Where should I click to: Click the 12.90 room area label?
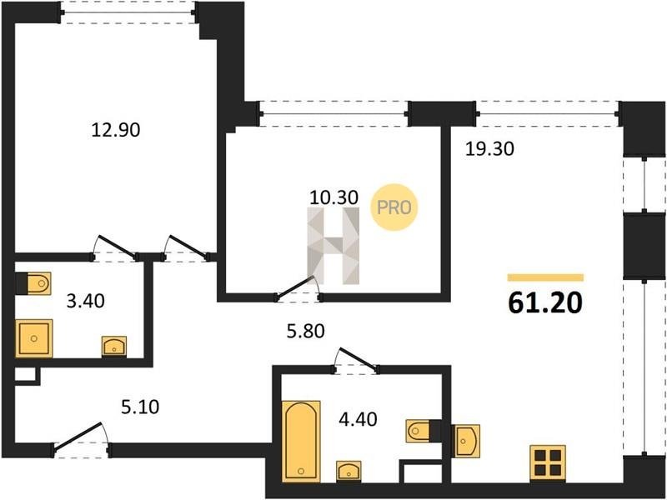116,130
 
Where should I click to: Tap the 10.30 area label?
334,197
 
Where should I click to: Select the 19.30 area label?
489,149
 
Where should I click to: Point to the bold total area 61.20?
545,303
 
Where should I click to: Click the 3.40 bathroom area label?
86,301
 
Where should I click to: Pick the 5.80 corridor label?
305,331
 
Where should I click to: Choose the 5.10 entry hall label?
140,407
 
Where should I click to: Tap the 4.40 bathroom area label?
358,420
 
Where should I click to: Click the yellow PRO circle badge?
394,207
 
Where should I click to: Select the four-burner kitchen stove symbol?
548,464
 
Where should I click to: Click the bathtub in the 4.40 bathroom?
301,442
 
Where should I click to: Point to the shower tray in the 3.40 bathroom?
34,338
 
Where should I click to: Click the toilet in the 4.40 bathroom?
418,431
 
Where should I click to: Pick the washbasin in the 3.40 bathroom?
114,346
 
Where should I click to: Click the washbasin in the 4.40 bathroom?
349,471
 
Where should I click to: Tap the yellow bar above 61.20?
545,277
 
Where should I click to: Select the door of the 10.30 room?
298,288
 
